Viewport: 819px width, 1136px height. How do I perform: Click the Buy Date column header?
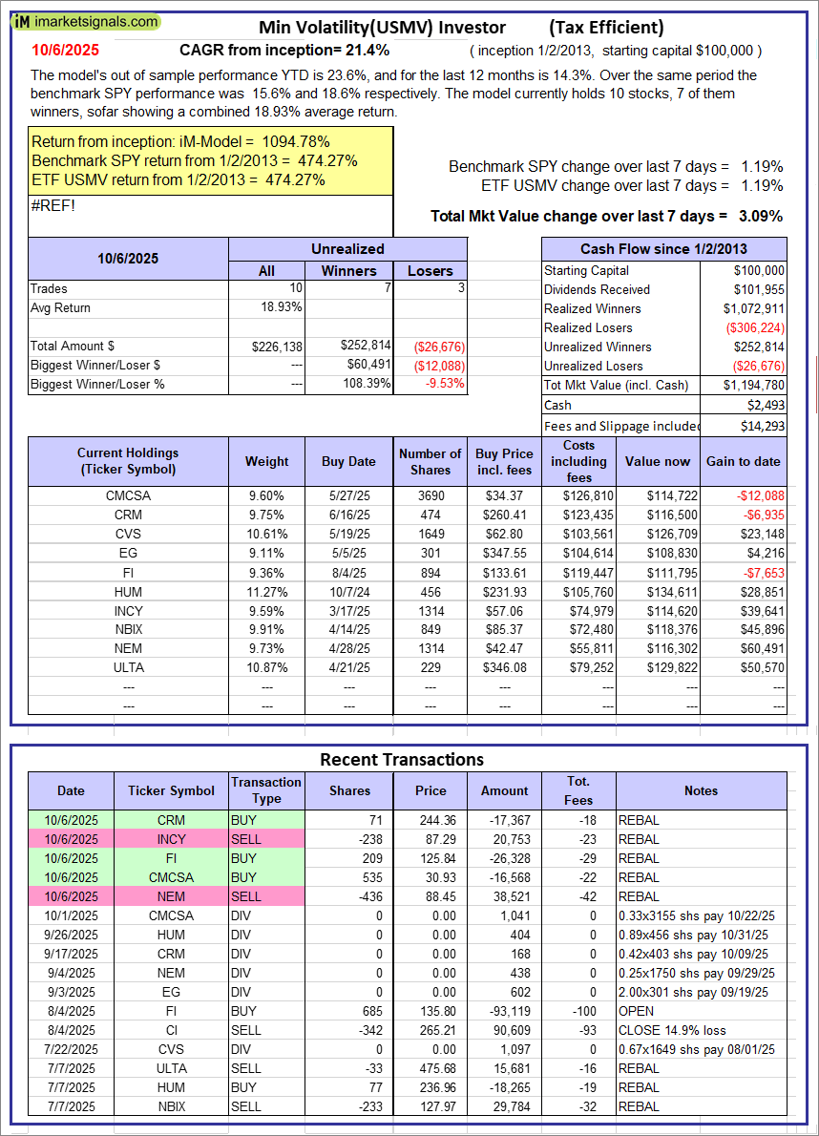pos(348,461)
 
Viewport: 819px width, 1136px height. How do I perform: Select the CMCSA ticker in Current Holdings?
pos(128,495)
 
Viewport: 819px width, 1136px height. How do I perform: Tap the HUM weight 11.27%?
pos(266,591)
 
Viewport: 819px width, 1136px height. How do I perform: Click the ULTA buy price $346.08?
pos(501,667)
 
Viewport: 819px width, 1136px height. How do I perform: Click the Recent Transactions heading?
pos(401,760)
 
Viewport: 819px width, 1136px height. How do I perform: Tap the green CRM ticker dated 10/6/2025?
pos(172,820)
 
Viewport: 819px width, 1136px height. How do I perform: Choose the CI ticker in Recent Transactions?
pos(172,1030)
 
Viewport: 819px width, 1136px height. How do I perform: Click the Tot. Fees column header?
pos(578,790)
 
